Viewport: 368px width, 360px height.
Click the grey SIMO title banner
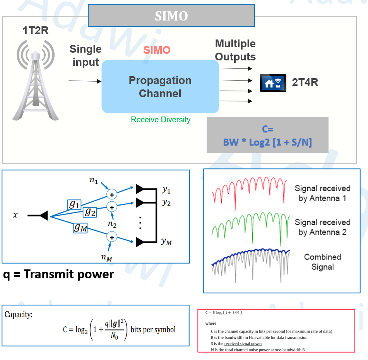[171, 16]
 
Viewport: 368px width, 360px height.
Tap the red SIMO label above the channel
[157, 50]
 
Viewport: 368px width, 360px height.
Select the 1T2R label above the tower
[35, 31]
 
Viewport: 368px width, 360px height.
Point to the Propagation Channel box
[160, 87]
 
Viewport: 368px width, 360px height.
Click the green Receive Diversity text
[161, 120]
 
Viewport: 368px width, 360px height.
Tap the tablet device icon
[273, 83]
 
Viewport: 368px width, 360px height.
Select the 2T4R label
[305, 82]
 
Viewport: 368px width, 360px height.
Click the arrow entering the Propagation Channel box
[85, 81]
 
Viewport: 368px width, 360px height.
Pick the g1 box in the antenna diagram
[74, 204]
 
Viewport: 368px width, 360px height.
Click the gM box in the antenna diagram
[80, 228]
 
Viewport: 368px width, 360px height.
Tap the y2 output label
[166, 202]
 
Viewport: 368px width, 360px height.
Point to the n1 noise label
[94, 180]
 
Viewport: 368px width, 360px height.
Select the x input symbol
[15, 215]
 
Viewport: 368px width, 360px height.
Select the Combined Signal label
[322, 262]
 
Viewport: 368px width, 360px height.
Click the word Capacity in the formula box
[18, 314]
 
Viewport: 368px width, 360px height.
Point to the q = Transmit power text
[58, 274]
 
